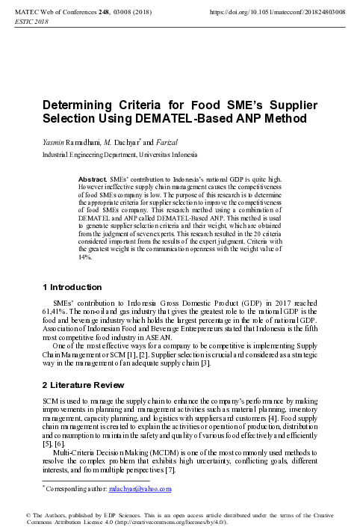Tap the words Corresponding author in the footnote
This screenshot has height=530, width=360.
pyautogui.click(x=74, y=489)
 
